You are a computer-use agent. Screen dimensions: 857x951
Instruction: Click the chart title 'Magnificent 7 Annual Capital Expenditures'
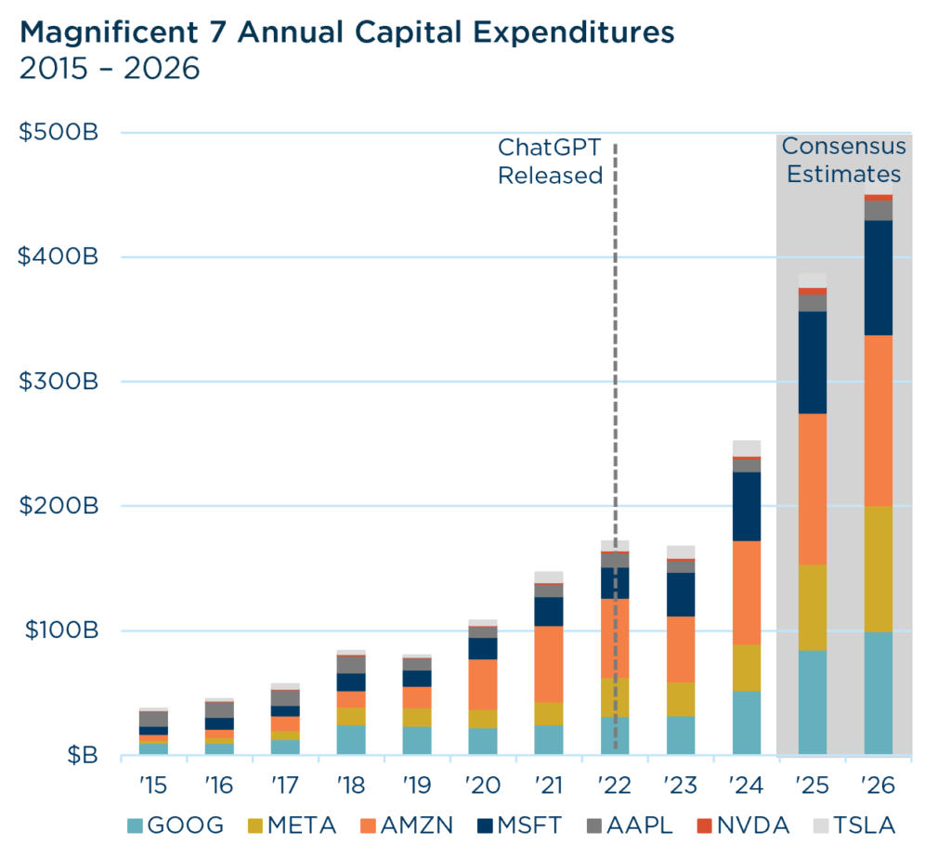pos(347,33)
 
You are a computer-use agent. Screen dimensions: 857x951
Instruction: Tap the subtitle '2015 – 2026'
pos(110,70)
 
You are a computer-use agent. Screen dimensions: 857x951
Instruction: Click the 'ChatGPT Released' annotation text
pos(550,161)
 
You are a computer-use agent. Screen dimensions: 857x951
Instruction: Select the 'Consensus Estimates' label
pos(843,160)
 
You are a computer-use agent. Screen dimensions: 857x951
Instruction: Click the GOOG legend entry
pos(176,825)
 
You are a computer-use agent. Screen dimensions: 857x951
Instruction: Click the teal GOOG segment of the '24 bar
pos(747,722)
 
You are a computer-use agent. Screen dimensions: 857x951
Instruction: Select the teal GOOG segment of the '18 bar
pos(351,740)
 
